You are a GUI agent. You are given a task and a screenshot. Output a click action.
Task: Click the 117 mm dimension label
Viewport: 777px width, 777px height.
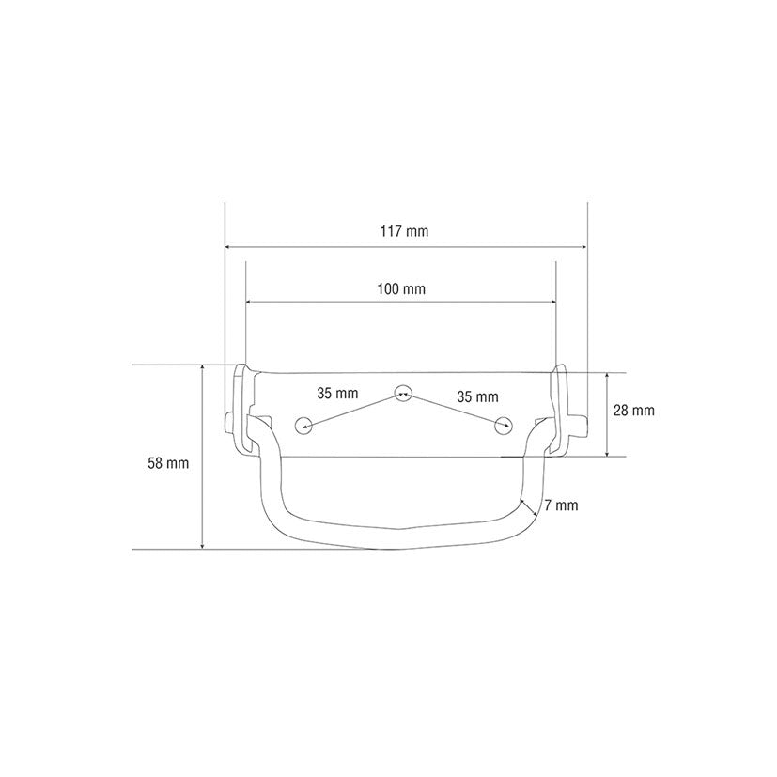click(x=404, y=231)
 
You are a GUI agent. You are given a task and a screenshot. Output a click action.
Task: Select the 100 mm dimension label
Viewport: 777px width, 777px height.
click(x=401, y=288)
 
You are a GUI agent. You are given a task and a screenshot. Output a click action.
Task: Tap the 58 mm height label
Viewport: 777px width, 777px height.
click(x=168, y=463)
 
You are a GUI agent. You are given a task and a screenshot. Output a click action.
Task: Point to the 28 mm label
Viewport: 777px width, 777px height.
click(x=634, y=411)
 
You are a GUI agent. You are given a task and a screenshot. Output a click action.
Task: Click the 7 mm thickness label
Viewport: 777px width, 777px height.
click(x=561, y=505)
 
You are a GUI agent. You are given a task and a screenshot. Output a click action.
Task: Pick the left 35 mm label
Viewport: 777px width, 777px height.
click(x=337, y=394)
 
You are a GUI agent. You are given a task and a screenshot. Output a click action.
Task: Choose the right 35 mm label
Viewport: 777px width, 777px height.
click(x=477, y=396)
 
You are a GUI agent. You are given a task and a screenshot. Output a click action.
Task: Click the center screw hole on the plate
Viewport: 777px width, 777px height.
click(x=403, y=393)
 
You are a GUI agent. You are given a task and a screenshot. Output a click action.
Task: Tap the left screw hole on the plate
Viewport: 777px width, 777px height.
click(x=303, y=426)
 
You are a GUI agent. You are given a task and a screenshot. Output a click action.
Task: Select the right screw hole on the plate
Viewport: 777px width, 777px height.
click(x=504, y=426)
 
